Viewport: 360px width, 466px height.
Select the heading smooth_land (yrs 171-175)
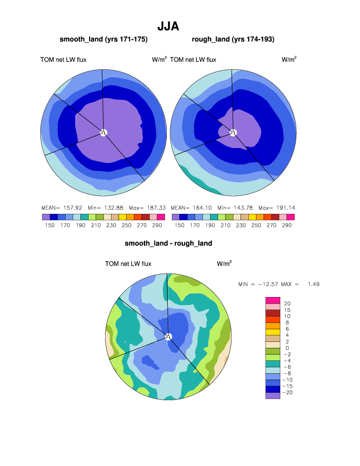(x=104, y=39)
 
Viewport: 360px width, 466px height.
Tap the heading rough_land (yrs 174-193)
(x=233, y=39)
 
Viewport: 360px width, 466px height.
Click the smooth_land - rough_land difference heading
(x=168, y=243)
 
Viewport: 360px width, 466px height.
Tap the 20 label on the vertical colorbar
(x=287, y=304)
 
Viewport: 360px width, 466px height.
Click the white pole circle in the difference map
(x=168, y=336)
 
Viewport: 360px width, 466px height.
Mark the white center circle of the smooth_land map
(x=104, y=132)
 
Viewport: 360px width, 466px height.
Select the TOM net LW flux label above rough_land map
(x=193, y=60)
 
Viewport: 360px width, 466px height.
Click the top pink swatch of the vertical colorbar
(x=273, y=300)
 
